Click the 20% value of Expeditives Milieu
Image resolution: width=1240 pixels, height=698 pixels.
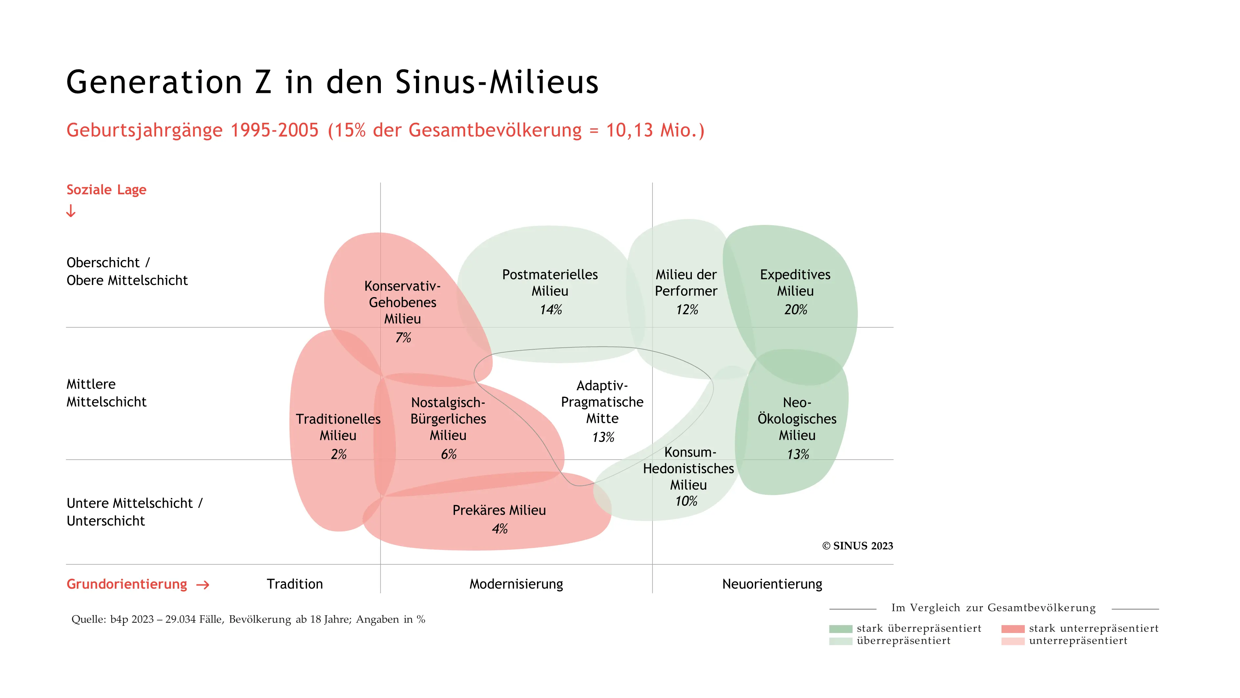(795, 310)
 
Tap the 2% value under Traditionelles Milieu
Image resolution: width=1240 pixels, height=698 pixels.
(339, 454)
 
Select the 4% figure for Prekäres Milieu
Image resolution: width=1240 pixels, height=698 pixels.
(500, 529)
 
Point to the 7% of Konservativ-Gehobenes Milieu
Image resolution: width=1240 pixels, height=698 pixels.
(403, 338)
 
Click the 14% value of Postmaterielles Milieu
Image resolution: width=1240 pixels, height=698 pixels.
(551, 310)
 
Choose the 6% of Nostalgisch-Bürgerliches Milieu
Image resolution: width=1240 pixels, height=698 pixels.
(449, 454)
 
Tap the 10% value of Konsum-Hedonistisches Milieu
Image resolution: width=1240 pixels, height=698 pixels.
(686, 501)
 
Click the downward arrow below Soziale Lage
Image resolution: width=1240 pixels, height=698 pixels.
(71, 211)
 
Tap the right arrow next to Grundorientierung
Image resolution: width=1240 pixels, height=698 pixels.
(203, 585)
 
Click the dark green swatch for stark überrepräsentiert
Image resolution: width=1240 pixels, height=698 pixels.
(840, 629)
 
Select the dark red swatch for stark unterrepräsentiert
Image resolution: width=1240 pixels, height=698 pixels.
(1013, 629)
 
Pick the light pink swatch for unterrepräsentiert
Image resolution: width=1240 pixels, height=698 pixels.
(1013, 641)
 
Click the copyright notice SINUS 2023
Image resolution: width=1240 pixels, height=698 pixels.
(857, 546)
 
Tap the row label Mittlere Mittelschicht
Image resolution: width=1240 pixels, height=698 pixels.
(106, 393)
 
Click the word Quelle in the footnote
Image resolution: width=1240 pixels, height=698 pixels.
(88, 620)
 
